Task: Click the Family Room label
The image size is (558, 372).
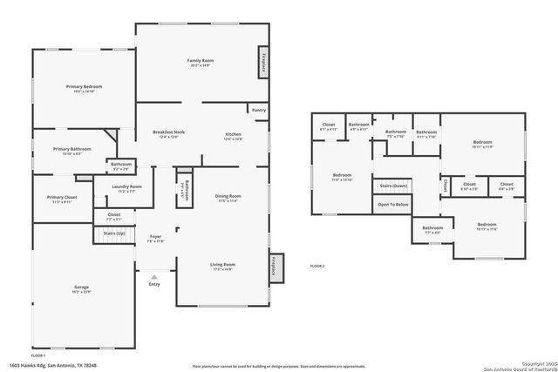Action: coord(201,61)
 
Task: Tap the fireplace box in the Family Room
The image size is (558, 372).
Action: coord(262,64)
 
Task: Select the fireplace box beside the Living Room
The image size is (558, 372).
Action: coord(273,267)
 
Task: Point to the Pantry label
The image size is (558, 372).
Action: coord(259,111)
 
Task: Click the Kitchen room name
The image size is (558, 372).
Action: coord(233,133)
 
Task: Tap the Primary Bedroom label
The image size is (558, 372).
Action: coord(85,87)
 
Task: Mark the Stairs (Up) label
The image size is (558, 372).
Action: coord(114,233)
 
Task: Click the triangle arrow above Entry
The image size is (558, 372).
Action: coord(154,276)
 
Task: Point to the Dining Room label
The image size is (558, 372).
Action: coord(228,196)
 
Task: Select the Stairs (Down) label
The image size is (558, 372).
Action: coord(393,186)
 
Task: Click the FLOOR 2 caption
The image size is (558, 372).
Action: coord(317,266)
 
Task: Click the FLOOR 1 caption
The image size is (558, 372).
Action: coord(38,355)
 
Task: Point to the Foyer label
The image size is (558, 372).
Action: coord(155,236)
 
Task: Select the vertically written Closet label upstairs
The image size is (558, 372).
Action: coord(445,185)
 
